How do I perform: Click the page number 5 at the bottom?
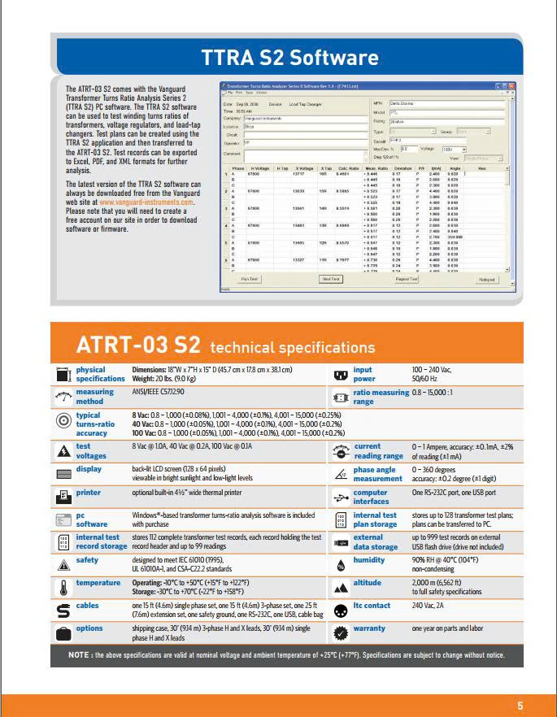tap(520, 705)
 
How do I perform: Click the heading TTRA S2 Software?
tap(290, 58)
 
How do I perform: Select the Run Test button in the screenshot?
tap(249, 279)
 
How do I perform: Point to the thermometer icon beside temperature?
tap(63, 588)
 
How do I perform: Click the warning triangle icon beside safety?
tap(63, 561)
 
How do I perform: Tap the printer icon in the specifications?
tap(63, 495)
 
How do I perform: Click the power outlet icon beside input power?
tap(341, 375)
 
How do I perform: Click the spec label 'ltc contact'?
tap(372, 606)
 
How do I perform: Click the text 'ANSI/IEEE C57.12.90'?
tap(162, 393)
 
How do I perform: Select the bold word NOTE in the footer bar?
tap(80, 654)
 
